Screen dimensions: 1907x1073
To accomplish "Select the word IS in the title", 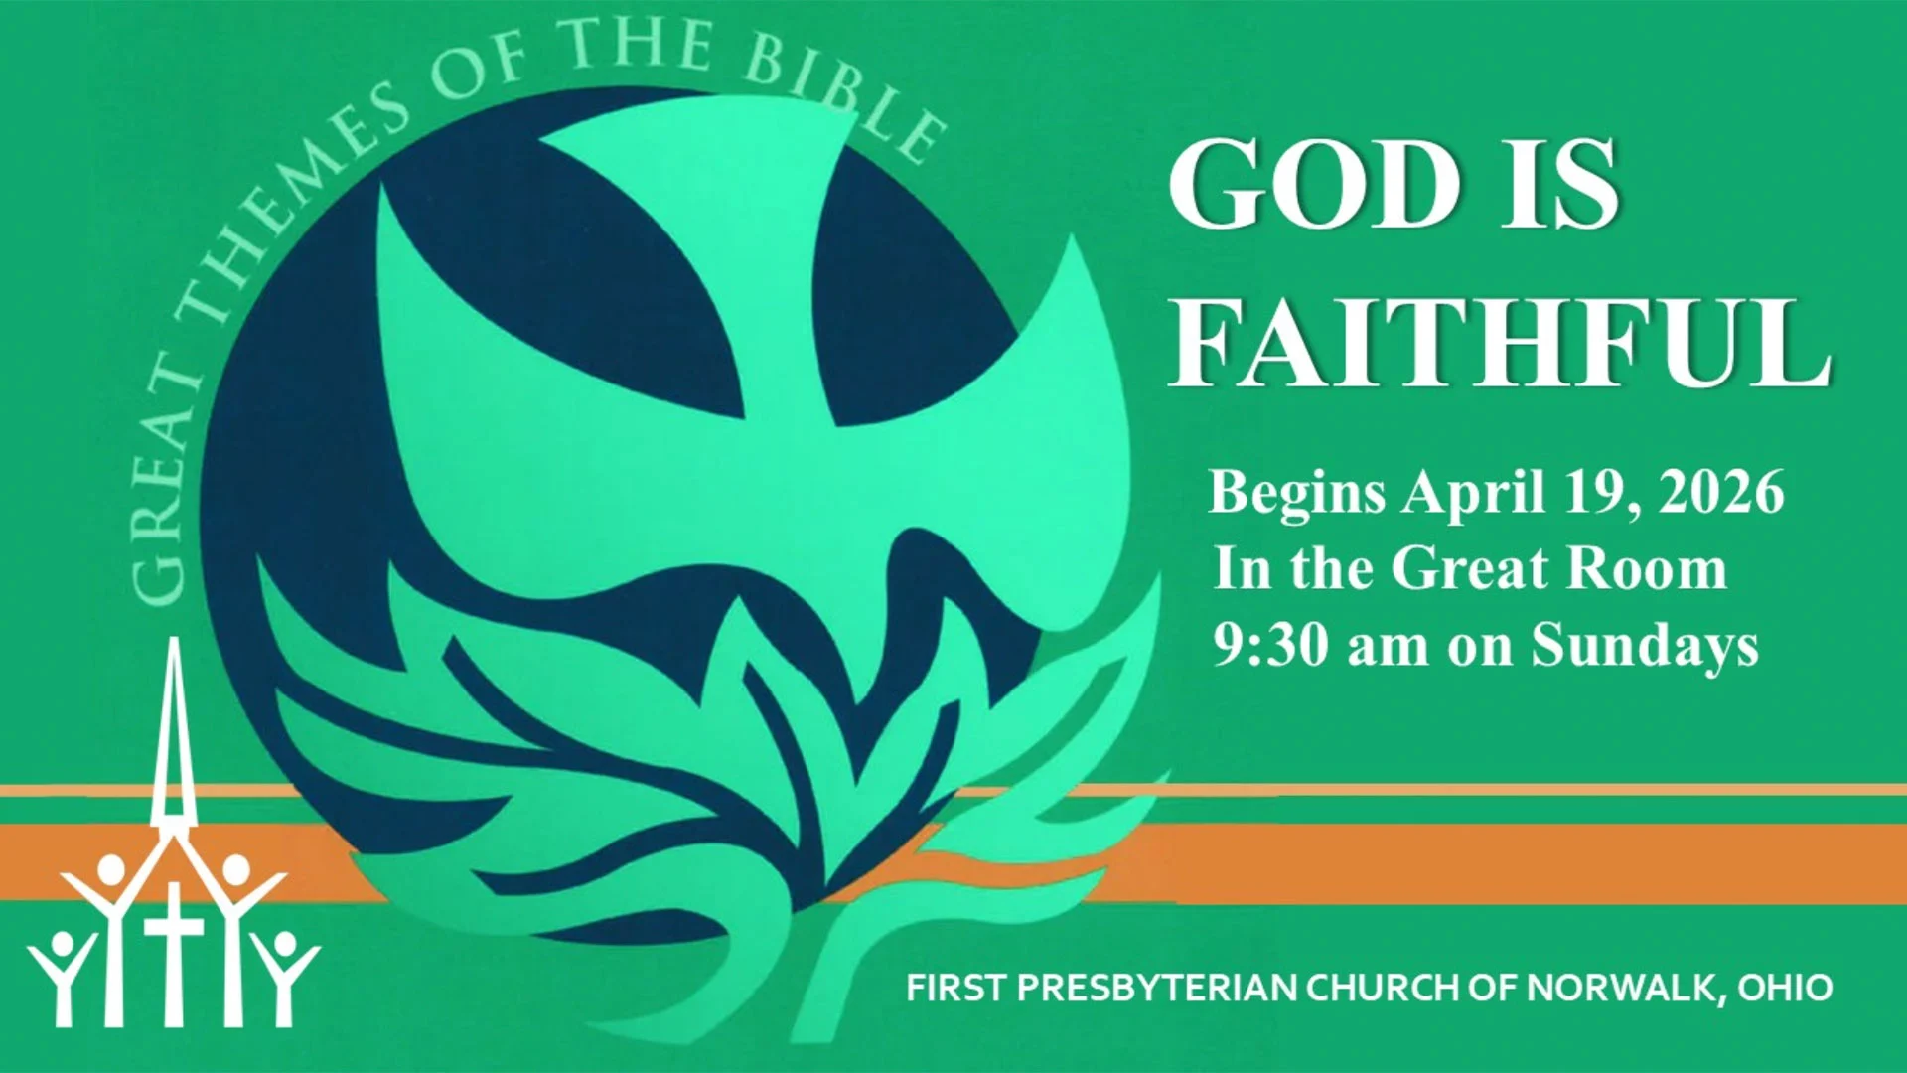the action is click(x=1559, y=184).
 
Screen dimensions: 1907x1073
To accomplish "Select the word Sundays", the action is click(x=1645, y=647).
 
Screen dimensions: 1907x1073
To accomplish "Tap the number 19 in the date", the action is click(x=1596, y=492).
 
